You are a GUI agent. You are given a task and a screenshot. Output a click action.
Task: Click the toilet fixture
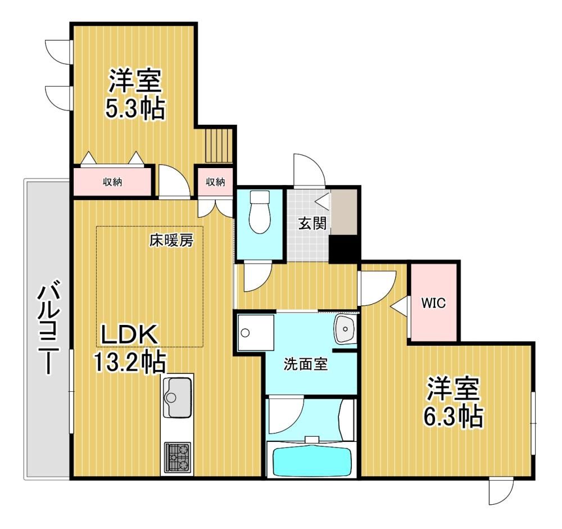(260, 211)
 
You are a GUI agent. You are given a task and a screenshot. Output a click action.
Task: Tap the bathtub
(311, 461)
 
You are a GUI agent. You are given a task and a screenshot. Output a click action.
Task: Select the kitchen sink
(176, 397)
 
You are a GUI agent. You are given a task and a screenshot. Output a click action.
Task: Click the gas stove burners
(177, 457)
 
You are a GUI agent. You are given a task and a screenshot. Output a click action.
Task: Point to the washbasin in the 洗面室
(345, 329)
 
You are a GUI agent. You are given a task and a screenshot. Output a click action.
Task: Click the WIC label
(433, 303)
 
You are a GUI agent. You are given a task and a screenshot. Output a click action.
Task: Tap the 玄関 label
(312, 223)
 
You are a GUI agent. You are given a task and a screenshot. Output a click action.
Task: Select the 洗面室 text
(305, 364)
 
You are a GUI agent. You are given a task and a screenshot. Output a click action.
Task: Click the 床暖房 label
(171, 241)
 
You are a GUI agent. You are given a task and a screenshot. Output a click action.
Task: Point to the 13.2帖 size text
(130, 362)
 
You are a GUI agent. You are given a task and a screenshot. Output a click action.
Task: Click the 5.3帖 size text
(135, 108)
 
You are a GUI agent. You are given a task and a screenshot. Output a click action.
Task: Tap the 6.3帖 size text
(453, 415)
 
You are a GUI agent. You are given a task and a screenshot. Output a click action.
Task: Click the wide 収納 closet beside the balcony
(112, 182)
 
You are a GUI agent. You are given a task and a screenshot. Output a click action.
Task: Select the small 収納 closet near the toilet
(215, 182)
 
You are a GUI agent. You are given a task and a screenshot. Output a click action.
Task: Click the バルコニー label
(48, 327)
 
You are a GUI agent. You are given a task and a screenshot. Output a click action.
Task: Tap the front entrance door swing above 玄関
(309, 170)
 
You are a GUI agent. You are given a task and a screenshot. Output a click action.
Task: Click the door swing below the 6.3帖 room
(501, 492)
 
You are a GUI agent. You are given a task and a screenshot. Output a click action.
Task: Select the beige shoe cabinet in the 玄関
(344, 212)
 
